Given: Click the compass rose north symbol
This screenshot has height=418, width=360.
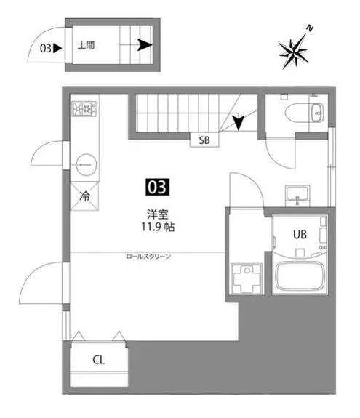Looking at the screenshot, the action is click(x=294, y=49).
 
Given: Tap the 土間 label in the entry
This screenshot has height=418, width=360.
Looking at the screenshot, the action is click(x=86, y=45).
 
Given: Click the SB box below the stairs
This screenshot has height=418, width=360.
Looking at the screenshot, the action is click(x=204, y=140).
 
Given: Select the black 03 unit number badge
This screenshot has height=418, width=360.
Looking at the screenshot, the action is click(x=157, y=187).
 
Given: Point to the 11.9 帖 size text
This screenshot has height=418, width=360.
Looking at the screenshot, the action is click(x=158, y=227).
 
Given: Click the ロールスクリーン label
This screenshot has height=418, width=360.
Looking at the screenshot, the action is click(x=148, y=257).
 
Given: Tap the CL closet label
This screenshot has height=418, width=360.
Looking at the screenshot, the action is click(x=99, y=360).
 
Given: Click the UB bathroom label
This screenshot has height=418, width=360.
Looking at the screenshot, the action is click(x=300, y=235).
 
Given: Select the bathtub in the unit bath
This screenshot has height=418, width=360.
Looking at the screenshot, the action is click(x=300, y=276).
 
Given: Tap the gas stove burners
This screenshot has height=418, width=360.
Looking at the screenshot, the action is click(x=84, y=109).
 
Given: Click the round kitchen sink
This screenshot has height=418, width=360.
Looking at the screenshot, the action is click(x=84, y=165).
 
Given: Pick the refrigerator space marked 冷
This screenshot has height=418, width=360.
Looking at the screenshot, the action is click(x=84, y=196).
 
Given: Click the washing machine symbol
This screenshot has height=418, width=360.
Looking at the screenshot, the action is click(x=247, y=278).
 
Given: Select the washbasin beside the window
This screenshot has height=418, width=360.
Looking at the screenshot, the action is click(x=297, y=195).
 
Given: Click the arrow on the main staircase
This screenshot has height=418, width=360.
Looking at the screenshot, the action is click(x=237, y=122).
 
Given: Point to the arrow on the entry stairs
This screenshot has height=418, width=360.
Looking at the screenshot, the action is click(x=145, y=45).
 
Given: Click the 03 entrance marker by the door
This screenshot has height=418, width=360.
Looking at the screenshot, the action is click(x=51, y=48).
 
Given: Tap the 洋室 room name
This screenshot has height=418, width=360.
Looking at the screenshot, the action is click(x=158, y=214).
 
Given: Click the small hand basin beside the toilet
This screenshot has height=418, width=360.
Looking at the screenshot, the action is click(x=317, y=113).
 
